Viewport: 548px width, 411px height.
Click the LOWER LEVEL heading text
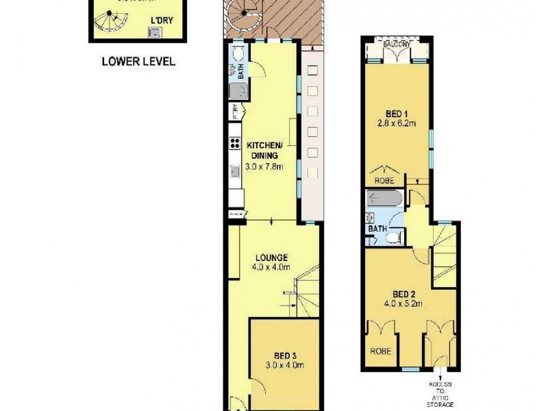click(138, 61)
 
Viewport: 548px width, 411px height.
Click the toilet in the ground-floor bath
click(236, 54)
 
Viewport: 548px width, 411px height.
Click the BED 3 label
click(285, 356)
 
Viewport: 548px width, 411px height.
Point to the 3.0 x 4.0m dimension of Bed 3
click(285, 366)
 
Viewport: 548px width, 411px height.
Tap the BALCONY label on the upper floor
click(398, 45)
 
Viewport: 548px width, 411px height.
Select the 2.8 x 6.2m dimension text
click(397, 123)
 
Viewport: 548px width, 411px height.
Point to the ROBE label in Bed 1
click(384, 180)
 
